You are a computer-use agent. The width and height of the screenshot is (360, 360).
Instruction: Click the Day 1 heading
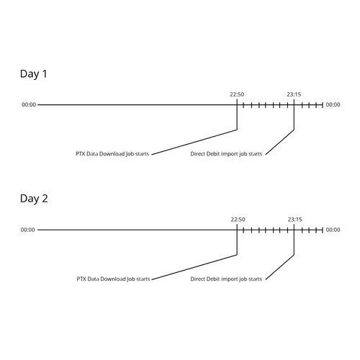pos(34,74)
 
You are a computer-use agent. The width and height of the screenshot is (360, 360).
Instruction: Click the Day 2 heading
pos(34,199)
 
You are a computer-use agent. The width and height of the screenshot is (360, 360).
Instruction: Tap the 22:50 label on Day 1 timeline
pos(237,94)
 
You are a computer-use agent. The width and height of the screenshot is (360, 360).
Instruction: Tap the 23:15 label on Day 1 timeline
pos(294,94)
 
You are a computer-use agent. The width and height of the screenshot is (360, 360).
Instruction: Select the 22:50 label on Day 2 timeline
pos(238,220)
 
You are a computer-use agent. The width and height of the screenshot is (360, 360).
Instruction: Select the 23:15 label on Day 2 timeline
pos(295,220)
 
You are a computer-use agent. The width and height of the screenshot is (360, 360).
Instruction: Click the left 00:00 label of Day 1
pos(29,104)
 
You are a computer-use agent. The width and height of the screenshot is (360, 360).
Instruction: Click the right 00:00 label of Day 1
pos(333,104)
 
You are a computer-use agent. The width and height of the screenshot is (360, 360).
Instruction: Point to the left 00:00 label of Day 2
pos(28,230)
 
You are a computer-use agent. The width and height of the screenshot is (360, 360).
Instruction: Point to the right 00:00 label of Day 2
pos(333,230)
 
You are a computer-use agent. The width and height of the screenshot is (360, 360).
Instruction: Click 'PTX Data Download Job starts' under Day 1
pos(112,154)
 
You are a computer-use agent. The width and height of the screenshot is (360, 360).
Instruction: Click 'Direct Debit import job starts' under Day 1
pos(226,154)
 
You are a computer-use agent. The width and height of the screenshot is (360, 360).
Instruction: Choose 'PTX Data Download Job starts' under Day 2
pos(113,279)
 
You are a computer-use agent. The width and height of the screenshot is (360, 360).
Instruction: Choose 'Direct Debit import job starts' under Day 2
pos(226,279)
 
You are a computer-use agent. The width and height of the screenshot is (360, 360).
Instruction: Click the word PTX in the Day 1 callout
pos(81,154)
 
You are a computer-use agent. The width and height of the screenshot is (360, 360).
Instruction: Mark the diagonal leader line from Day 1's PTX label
pos(194,142)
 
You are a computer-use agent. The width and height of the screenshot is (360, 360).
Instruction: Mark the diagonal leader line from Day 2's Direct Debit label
pos(280,267)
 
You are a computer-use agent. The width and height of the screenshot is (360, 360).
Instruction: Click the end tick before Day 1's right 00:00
pos(323,105)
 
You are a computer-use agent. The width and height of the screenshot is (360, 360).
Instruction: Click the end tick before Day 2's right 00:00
pos(323,230)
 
